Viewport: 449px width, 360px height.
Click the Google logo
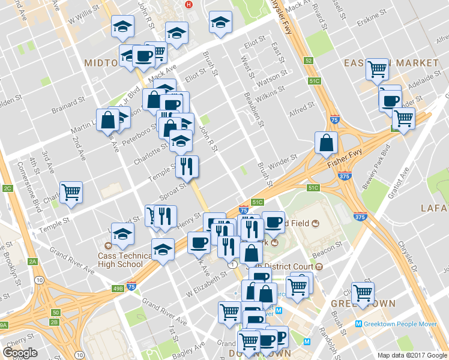pos(20,353)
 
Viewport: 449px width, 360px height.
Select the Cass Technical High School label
pos(125,259)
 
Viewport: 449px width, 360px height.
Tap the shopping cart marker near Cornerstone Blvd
pos(71,191)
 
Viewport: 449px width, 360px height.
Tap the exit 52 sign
pos(309,61)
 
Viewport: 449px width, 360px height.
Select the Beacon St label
pos(330,246)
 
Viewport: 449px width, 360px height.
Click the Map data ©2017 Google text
pos(412,355)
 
